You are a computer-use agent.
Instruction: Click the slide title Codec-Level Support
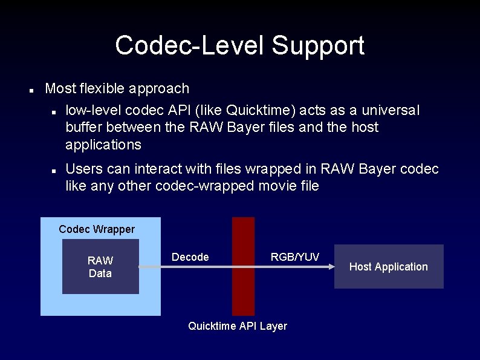(x=239, y=45)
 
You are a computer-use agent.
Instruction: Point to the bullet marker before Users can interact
(x=54, y=171)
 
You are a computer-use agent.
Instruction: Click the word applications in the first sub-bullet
(x=103, y=145)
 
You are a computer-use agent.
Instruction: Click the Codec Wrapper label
(x=97, y=229)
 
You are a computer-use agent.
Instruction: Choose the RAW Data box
(x=100, y=266)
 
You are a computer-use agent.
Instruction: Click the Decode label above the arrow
(x=190, y=257)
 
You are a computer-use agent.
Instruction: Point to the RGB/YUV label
(x=294, y=257)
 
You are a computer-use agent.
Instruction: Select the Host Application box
(x=388, y=267)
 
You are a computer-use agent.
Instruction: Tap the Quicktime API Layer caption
(x=238, y=326)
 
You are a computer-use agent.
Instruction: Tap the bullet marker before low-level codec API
(x=54, y=112)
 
